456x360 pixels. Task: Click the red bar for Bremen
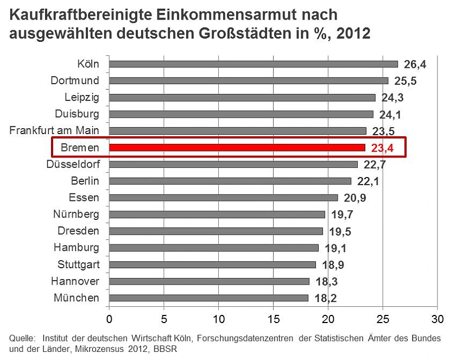pos(237,147)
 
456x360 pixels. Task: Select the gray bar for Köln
pos(254,64)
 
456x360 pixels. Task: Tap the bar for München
pos(208,298)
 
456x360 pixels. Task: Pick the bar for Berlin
pos(230,181)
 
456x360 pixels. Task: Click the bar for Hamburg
pos(214,248)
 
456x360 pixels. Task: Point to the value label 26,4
pos(415,65)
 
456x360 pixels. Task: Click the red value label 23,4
pos(382,148)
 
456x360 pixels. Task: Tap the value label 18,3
pos(326,281)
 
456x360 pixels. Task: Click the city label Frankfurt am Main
pos(54,130)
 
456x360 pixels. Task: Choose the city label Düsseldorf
pos(73,164)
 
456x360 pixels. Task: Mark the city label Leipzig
pos(82,97)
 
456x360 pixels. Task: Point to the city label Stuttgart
pos(78,264)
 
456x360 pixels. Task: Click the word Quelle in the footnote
pos(21,339)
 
